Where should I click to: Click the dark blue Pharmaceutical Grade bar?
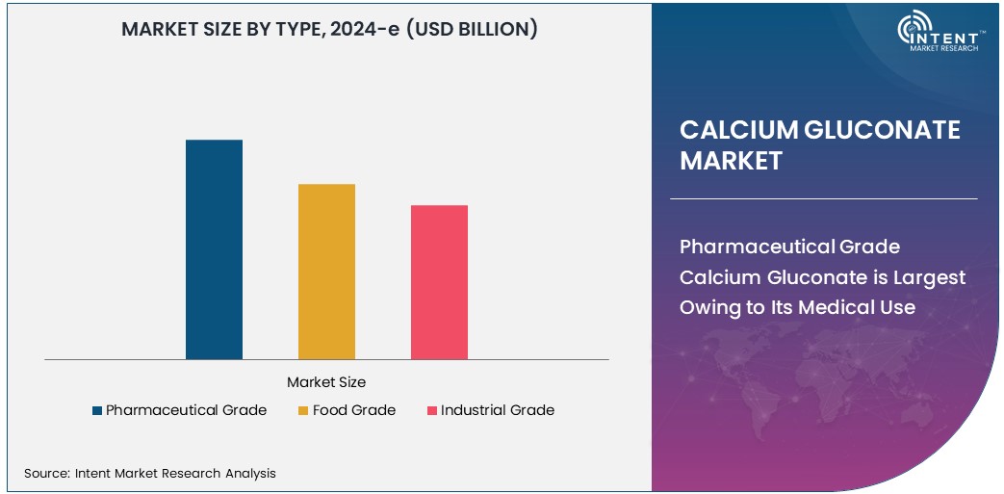click(x=214, y=249)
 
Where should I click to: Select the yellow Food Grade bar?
click(x=326, y=272)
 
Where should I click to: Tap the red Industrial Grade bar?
click(x=439, y=282)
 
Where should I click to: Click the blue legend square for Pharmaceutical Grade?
click(x=97, y=411)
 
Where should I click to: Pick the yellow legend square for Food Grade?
click(x=303, y=411)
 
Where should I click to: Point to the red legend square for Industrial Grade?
click(x=431, y=411)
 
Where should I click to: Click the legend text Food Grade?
click(x=353, y=410)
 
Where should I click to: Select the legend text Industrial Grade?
click(x=497, y=410)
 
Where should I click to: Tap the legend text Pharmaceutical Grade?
click(x=186, y=410)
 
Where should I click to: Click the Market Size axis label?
click(x=326, y=382)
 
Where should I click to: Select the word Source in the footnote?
click(x=45, y=473)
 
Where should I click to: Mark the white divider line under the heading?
click(x=823, y=198)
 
